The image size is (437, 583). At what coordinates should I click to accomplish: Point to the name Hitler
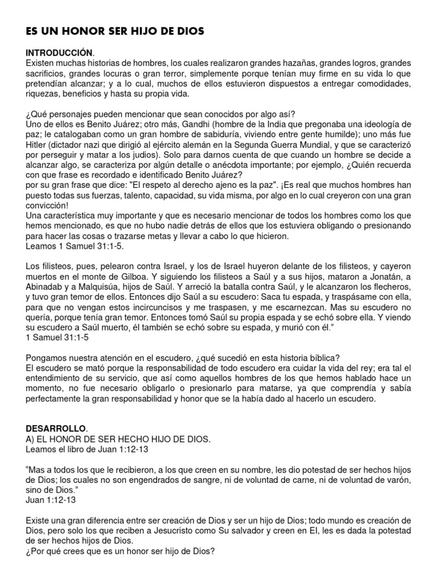39,144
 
